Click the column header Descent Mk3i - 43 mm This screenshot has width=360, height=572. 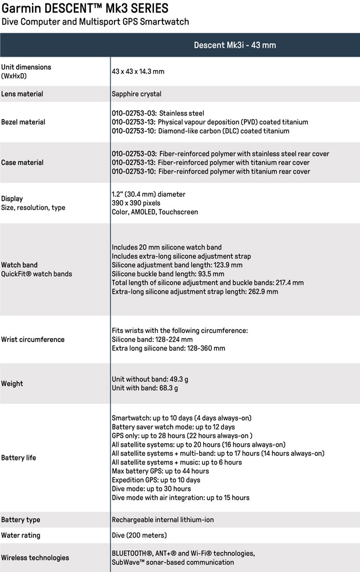click(x=235, y=45)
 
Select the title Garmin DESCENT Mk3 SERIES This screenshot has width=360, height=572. click(x=85, y=9)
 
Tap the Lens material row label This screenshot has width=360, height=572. click(x=22, y=94)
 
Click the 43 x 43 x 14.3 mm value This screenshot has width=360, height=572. click(x=138, y=71)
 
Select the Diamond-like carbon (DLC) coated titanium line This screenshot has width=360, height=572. click(x=200, y=131)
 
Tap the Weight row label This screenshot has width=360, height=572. click(x=12, y=383)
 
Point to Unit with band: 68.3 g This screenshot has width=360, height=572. click(x=145, y=388)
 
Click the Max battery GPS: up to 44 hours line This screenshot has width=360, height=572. click(x=160, y=471)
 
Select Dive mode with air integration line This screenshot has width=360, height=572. click(x=180, y=498)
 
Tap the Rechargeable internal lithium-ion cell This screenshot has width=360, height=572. click(x=163, y=520)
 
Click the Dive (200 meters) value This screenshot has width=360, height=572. click(x=139, y=535)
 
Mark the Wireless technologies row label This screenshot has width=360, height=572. click(x=35, y=558)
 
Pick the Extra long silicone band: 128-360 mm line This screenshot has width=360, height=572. click(x=168, y=348)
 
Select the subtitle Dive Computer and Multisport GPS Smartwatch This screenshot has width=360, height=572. click(x=95, y=22)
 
